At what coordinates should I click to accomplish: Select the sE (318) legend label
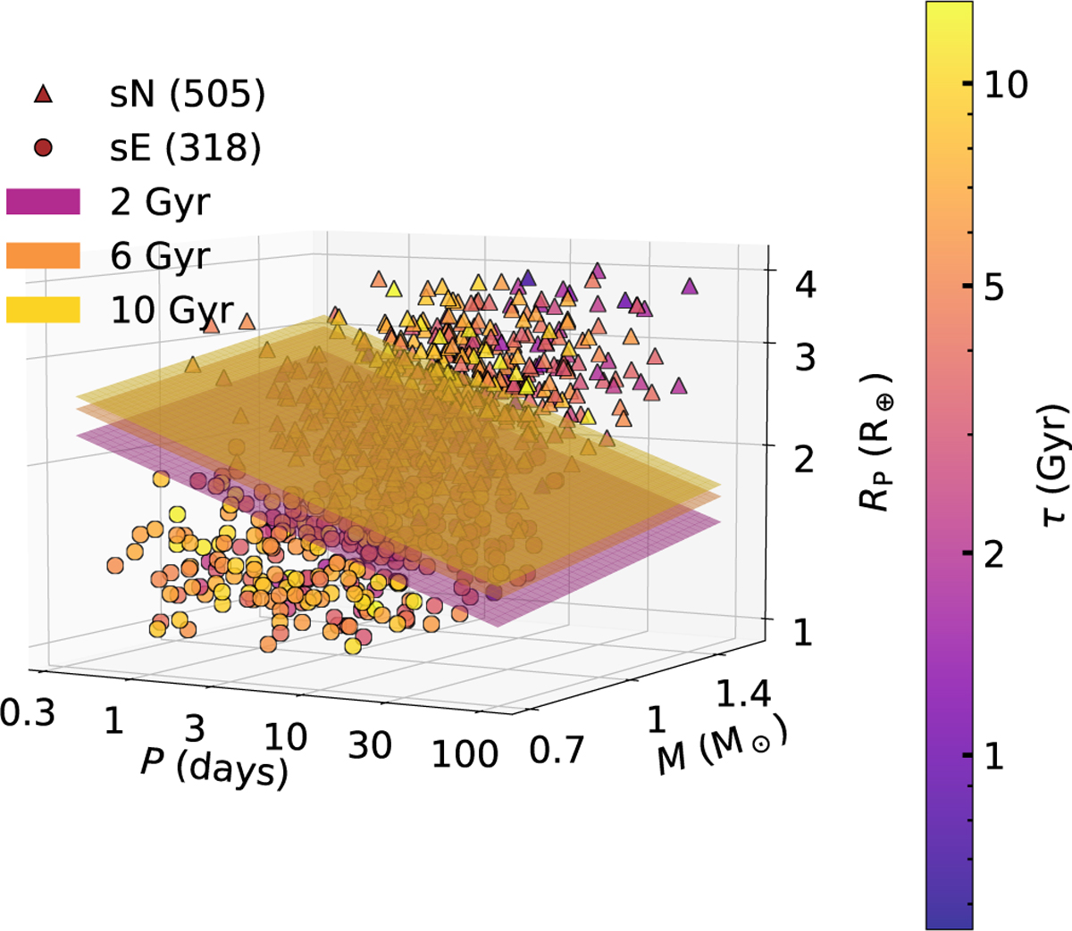(x=186, y=148)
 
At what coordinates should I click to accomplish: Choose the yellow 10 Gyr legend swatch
(x=43, y=309)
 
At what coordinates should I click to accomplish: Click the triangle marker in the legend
(x=43, y=94)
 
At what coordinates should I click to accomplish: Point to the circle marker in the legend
(x=43, y=148)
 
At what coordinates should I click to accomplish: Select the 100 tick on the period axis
(x=465, y=754)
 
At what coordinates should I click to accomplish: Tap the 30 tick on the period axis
(x=370, y=744)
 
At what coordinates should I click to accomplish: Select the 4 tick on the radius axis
(x=804, y=286)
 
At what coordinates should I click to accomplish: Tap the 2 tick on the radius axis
(x=804, y=461)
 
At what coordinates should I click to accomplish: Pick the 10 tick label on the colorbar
(x=1005, y=85)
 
